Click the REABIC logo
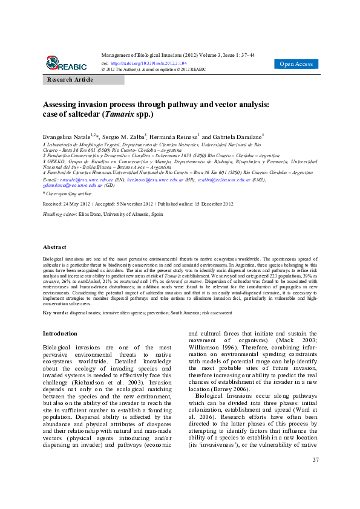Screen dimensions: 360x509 (66, 63)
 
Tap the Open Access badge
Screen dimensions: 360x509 (296, 64)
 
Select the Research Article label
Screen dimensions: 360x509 (70, 80)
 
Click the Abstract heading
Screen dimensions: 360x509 (54, 264)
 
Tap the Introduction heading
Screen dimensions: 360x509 (60, 333)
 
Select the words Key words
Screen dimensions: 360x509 (54, 313)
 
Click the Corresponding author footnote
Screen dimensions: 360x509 (68, 193)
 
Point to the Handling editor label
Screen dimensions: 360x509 (59, 215)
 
